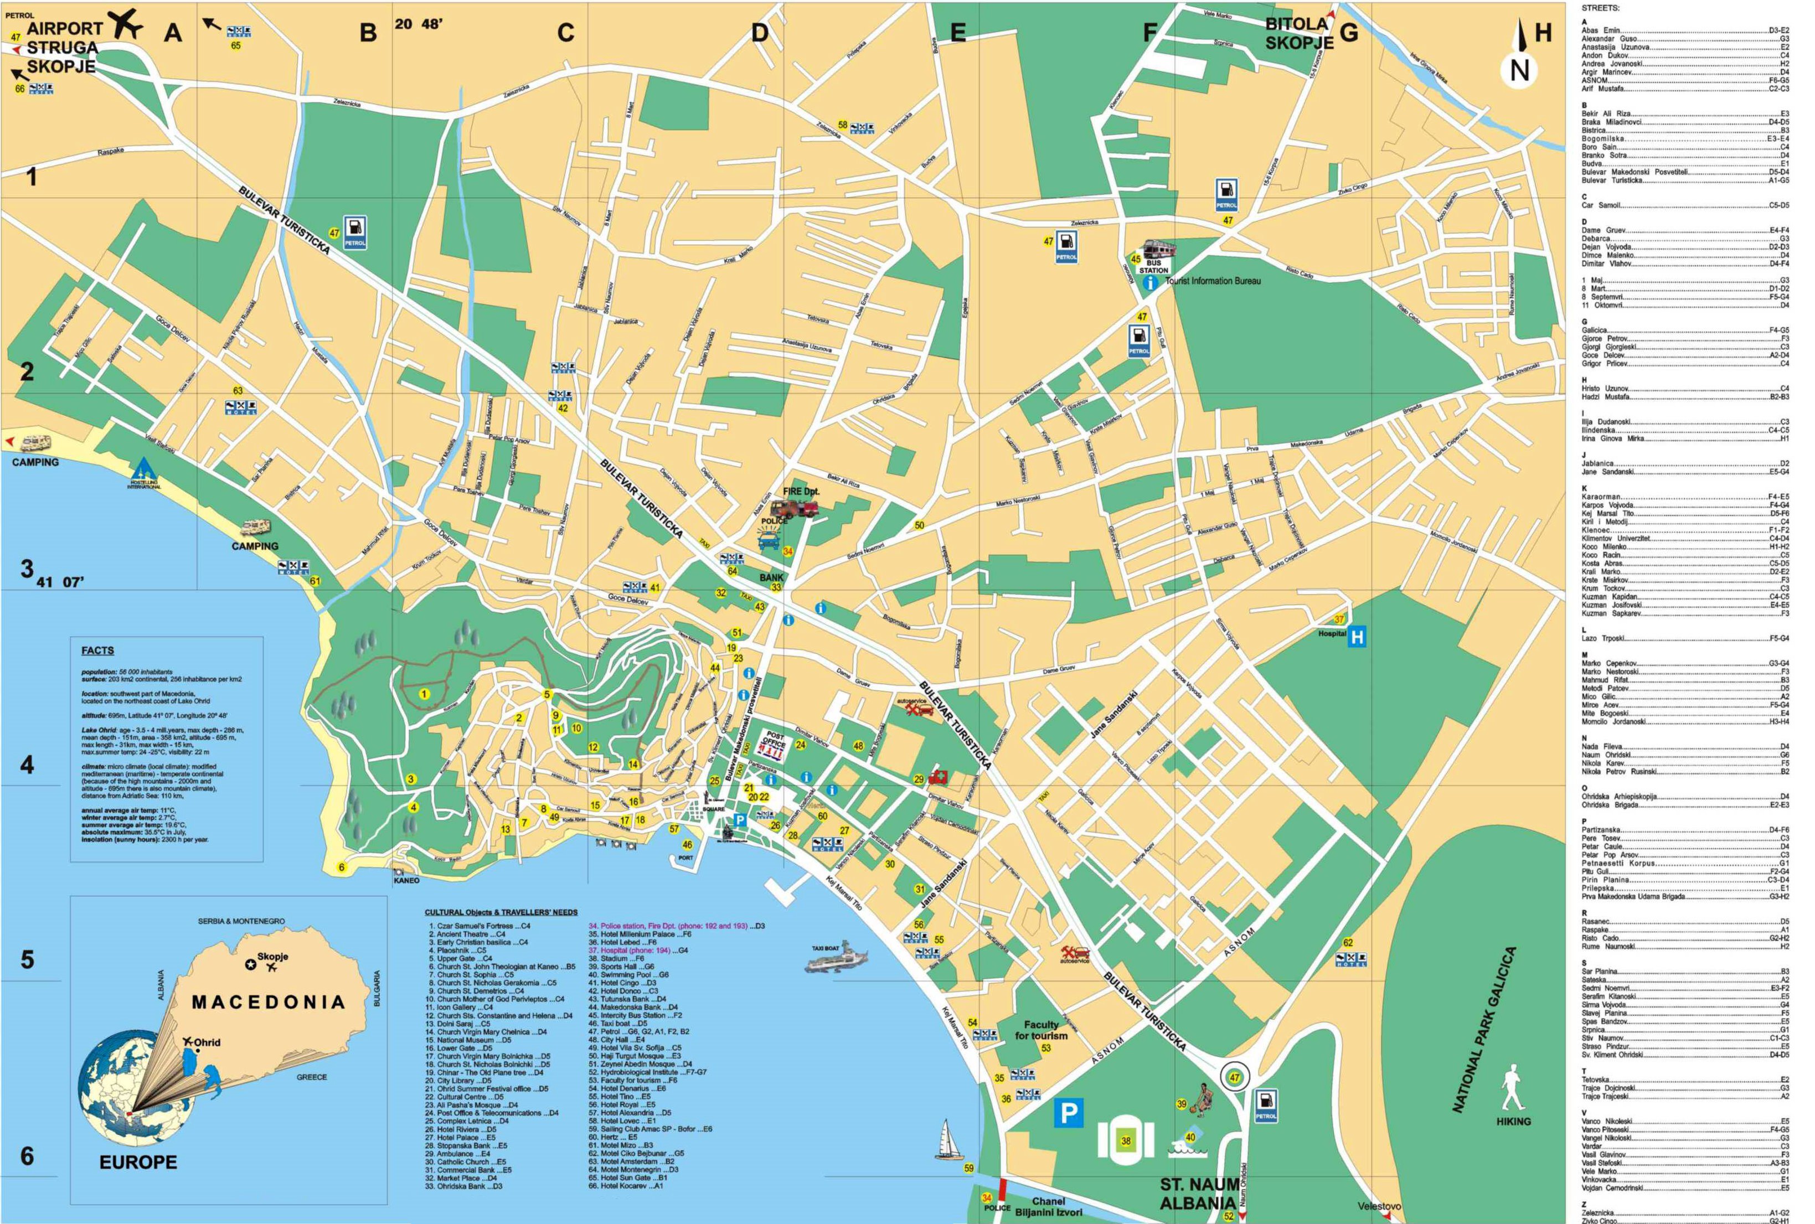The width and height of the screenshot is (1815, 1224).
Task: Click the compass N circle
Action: (x=1519, y=70)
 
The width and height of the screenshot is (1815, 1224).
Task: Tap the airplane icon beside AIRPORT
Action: (x=125, y=23)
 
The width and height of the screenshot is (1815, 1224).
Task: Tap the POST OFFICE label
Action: (x=775, y=739)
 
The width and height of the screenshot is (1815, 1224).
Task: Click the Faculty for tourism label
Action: (x=1041, y=1030)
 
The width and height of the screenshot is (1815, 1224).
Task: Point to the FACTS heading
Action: (x=97, y=650)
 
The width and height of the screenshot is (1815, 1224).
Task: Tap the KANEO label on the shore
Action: (x=406, y=880)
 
